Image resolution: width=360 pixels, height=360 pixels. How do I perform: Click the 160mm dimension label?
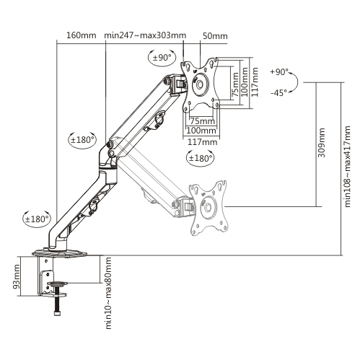[x=81, y=35]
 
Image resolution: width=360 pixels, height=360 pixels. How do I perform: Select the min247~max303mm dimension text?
[x=145, y=35]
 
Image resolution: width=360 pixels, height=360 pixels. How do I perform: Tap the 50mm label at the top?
[x=215, y=36]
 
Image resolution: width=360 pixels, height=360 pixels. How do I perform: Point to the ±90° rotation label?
[x=162, y=58]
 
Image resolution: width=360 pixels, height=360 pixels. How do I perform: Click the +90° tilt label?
[x=278, y=72]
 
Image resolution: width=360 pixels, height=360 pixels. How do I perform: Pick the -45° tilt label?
[x=278, y=92]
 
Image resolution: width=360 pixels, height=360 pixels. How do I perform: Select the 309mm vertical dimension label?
[x=322, y=143]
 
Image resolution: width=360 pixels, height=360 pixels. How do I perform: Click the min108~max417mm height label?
[x=348, y=167]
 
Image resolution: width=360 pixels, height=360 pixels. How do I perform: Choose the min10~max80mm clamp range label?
[x=108, y=293]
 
